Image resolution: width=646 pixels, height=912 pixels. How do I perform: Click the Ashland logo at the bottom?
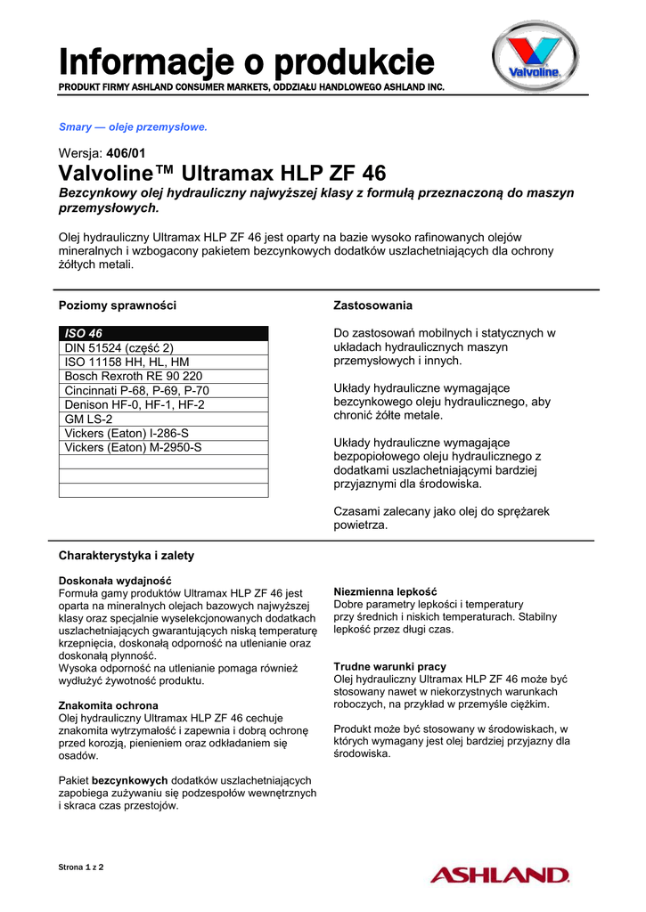tap(499, 874)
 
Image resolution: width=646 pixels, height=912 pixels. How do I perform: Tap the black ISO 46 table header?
tap(163, 333)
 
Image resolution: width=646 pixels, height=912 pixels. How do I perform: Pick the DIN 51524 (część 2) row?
tap(119, 348)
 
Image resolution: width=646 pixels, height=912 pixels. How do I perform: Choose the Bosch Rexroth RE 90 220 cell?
tap(134, 377)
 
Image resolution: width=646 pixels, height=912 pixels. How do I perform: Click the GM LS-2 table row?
tap(89, 419)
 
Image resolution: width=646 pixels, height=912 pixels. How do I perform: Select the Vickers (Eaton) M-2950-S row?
tap(134, 447)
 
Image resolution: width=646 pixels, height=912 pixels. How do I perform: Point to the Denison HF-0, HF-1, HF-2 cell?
tap(135, 404)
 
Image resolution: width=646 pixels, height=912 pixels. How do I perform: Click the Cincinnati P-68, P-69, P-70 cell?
tap(137, 390)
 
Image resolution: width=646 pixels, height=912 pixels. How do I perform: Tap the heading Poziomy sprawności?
tap(118, 305)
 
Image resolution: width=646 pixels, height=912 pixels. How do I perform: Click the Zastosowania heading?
tap(372, 305)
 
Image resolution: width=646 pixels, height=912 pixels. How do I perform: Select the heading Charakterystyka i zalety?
tap(127, 556)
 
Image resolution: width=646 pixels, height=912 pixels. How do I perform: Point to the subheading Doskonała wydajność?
tap(114, 581)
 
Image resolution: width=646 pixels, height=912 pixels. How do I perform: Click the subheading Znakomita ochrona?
tap(108, 705)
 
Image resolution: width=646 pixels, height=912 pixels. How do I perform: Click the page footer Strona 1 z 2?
tap(81, 867)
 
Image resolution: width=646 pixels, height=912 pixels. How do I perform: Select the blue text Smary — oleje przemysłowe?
tap(133, 127)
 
